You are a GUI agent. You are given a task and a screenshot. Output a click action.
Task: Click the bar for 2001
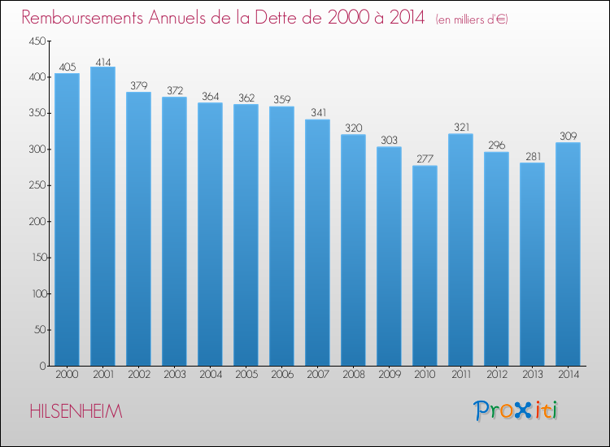tap(102, 216)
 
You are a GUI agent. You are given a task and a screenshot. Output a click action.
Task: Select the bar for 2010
tap(425, 266)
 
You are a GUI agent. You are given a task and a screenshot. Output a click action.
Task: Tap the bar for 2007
tap(317, 242)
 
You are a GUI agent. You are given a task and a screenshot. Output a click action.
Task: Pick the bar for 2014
tap(568, 254)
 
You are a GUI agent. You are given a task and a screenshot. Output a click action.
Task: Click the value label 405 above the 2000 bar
tap(68, 67)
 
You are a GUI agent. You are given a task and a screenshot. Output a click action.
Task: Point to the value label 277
tap(425, 159)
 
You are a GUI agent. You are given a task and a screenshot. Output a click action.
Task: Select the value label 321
tap(461, 127)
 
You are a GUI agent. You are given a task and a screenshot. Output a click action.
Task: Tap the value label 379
tap(139, 85)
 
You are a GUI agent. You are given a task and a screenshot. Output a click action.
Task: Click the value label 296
tap(497, 145)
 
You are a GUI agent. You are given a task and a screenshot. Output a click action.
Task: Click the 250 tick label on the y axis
tap(37, 185)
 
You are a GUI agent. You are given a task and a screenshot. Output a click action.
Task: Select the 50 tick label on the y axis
tap(40, 330)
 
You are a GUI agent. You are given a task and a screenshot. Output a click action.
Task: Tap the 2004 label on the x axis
tap(211, 375)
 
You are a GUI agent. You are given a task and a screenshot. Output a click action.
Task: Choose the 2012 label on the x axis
tap(497, 375)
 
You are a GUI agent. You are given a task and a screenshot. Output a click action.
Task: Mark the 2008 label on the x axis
tap(354, 375)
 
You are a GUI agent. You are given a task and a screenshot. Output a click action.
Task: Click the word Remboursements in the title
tap(82, 18)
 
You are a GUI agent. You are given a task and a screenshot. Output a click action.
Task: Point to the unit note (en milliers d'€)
tap(472, 19)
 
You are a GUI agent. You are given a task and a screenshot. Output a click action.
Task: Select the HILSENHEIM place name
tap(76, 411)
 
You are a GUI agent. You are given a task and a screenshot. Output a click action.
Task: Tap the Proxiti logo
tap(516, 410)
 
